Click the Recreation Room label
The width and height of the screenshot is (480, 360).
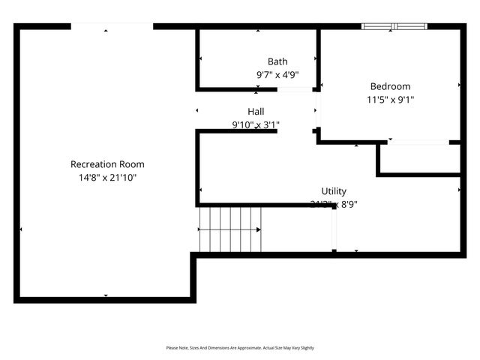[x=107, y=164]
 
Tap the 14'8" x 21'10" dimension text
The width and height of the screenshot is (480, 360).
[x=107, y=178]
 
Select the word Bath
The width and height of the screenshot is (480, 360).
[x=277, y=61]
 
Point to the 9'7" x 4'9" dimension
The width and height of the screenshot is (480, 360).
[x=277, y=75]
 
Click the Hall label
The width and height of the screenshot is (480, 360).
[x=256, y=111]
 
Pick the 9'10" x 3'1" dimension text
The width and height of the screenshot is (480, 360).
[x=256, y=124]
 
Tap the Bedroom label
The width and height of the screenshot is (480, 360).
[x=390, y=86]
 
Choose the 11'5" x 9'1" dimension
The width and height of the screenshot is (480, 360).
[x=390, y=99]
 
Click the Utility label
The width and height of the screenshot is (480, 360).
[x=334, y=191]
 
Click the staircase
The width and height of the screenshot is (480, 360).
[x=230, y=229]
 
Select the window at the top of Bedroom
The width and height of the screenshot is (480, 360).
[x=394, y=27]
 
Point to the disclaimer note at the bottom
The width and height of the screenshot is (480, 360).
[x=240, y=348]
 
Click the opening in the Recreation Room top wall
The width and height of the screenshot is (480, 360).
[x=112, y=27]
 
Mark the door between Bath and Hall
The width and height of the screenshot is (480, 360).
[x=295, y=90]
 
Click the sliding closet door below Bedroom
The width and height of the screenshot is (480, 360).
[x=418, y=142]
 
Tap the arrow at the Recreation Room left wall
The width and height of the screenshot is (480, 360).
[x=20, y=229]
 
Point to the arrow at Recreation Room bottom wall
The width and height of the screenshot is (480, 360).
[x=106, y=295]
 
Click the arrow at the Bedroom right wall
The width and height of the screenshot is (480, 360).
[x=459, y=85]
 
